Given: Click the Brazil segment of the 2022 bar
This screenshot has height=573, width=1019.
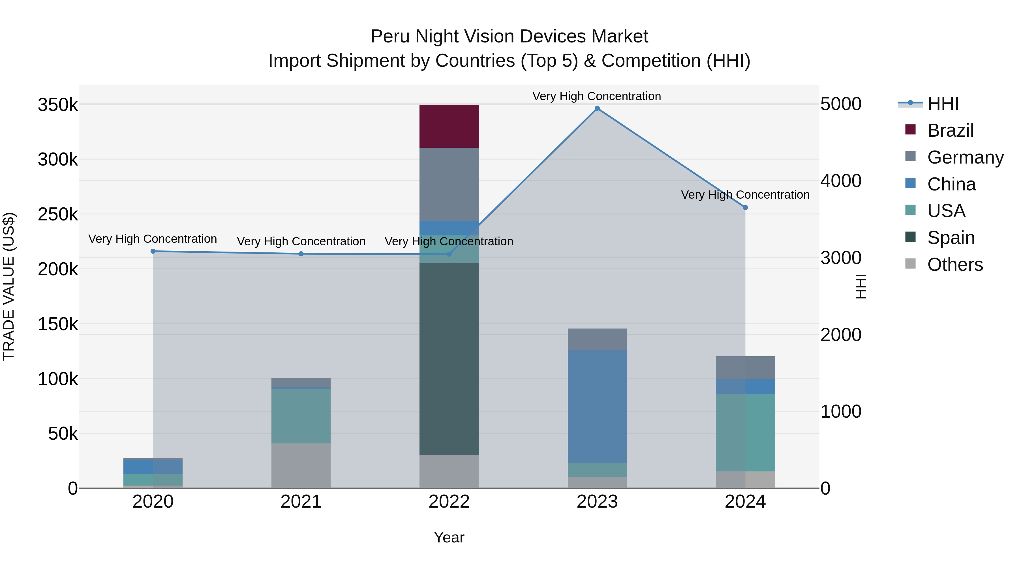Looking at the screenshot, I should click(x=449, y=126).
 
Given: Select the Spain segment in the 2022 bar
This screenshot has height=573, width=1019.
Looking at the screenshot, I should click(x=449, y=359).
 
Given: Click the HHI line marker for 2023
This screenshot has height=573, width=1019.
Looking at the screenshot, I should click(x=597, y=108).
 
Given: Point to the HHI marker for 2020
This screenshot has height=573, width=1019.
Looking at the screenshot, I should click(x=153, y=251).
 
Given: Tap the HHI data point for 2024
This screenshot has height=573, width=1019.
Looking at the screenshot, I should click(x=745, y=207).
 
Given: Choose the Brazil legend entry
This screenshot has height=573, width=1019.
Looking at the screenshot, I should click(x=950, y=130).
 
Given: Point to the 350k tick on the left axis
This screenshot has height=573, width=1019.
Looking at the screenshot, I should click(x=58, y=105).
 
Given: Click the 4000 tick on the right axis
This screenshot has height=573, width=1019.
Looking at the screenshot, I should click(x=841, y=181).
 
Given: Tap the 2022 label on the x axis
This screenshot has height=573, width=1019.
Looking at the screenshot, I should click(x=449, y=502).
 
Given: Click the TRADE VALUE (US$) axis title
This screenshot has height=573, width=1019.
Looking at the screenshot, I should click(x=9, y=286).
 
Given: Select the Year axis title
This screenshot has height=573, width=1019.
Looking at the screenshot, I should click(x=449, y=537).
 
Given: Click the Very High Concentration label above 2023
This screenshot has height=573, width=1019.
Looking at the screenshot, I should click(x=596, y=96).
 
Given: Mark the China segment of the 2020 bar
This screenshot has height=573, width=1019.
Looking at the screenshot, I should click(x=153, y=467).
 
